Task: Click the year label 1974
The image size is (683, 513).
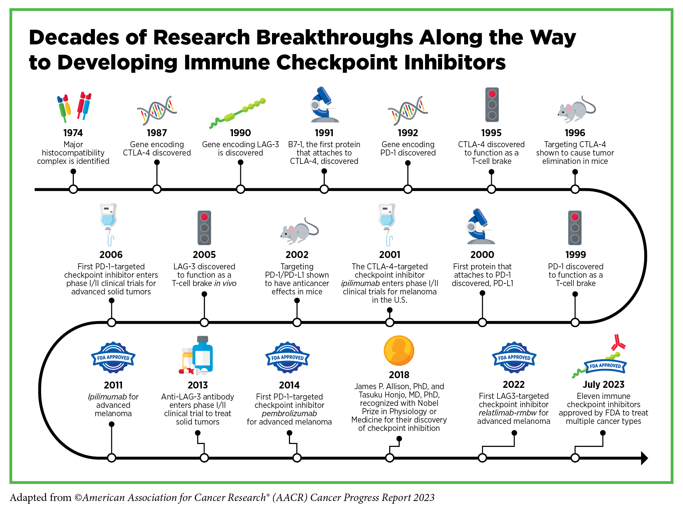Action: click(x=73, y=133)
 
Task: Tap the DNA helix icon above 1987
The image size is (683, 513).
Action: click(x=157, y=110)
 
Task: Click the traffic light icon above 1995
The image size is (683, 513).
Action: click(x=492, y=104)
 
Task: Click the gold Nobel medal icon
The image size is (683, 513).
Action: click(x=399, y=350)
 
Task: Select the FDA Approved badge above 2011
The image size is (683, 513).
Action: click(x=113, y=357)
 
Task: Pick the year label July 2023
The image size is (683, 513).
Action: click(x=603, y=384)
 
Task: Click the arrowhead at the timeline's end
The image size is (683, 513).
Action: click(x=644, y=458)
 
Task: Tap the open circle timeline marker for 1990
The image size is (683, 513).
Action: click(x=240, y=189)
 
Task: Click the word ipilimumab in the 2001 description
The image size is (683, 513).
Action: click(x=360, y=283)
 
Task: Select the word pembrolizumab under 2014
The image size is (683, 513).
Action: click(x=289, y=414)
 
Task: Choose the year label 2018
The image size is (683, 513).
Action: click(x=399, y=375)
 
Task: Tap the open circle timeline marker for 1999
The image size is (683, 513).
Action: click(x=575, y=322)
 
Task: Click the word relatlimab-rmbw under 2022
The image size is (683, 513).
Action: click(x=507, y=413)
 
